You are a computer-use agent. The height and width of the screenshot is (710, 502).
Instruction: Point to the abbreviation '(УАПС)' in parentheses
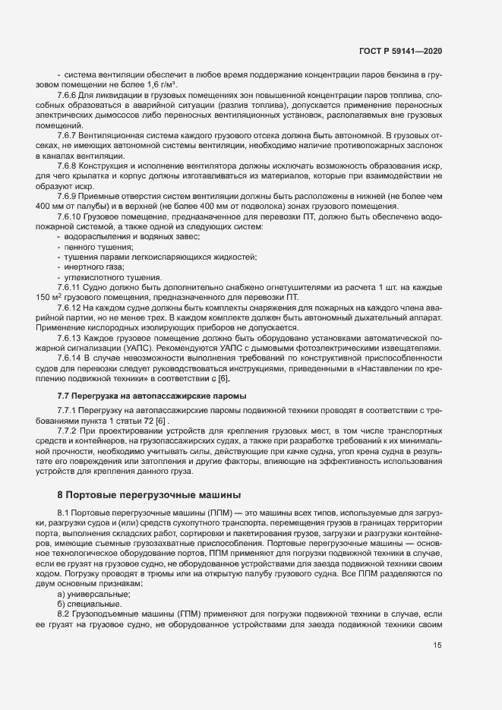pos(112,349)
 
